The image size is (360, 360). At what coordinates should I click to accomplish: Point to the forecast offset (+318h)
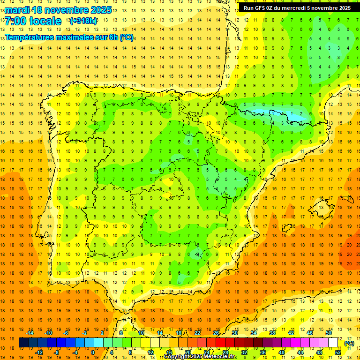coord(83,21)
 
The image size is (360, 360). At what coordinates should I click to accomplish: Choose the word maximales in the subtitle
coord(80,37)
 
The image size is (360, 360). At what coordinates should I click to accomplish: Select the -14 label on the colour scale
coord(30,333)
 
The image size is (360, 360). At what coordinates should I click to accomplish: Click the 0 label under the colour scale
coord(93,352)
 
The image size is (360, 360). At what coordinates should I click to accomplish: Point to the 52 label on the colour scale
coord(338,352)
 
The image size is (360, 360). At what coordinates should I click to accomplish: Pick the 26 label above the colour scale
coord(216,333)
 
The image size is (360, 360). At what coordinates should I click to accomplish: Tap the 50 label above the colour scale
coord(329,333)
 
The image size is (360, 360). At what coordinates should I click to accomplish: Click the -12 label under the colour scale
coord(39,352)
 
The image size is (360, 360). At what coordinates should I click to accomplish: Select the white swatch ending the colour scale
coord(333,343)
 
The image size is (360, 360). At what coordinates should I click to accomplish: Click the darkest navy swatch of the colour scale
coord(23,343)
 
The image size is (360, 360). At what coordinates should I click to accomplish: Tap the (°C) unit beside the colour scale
coord(349,343)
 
